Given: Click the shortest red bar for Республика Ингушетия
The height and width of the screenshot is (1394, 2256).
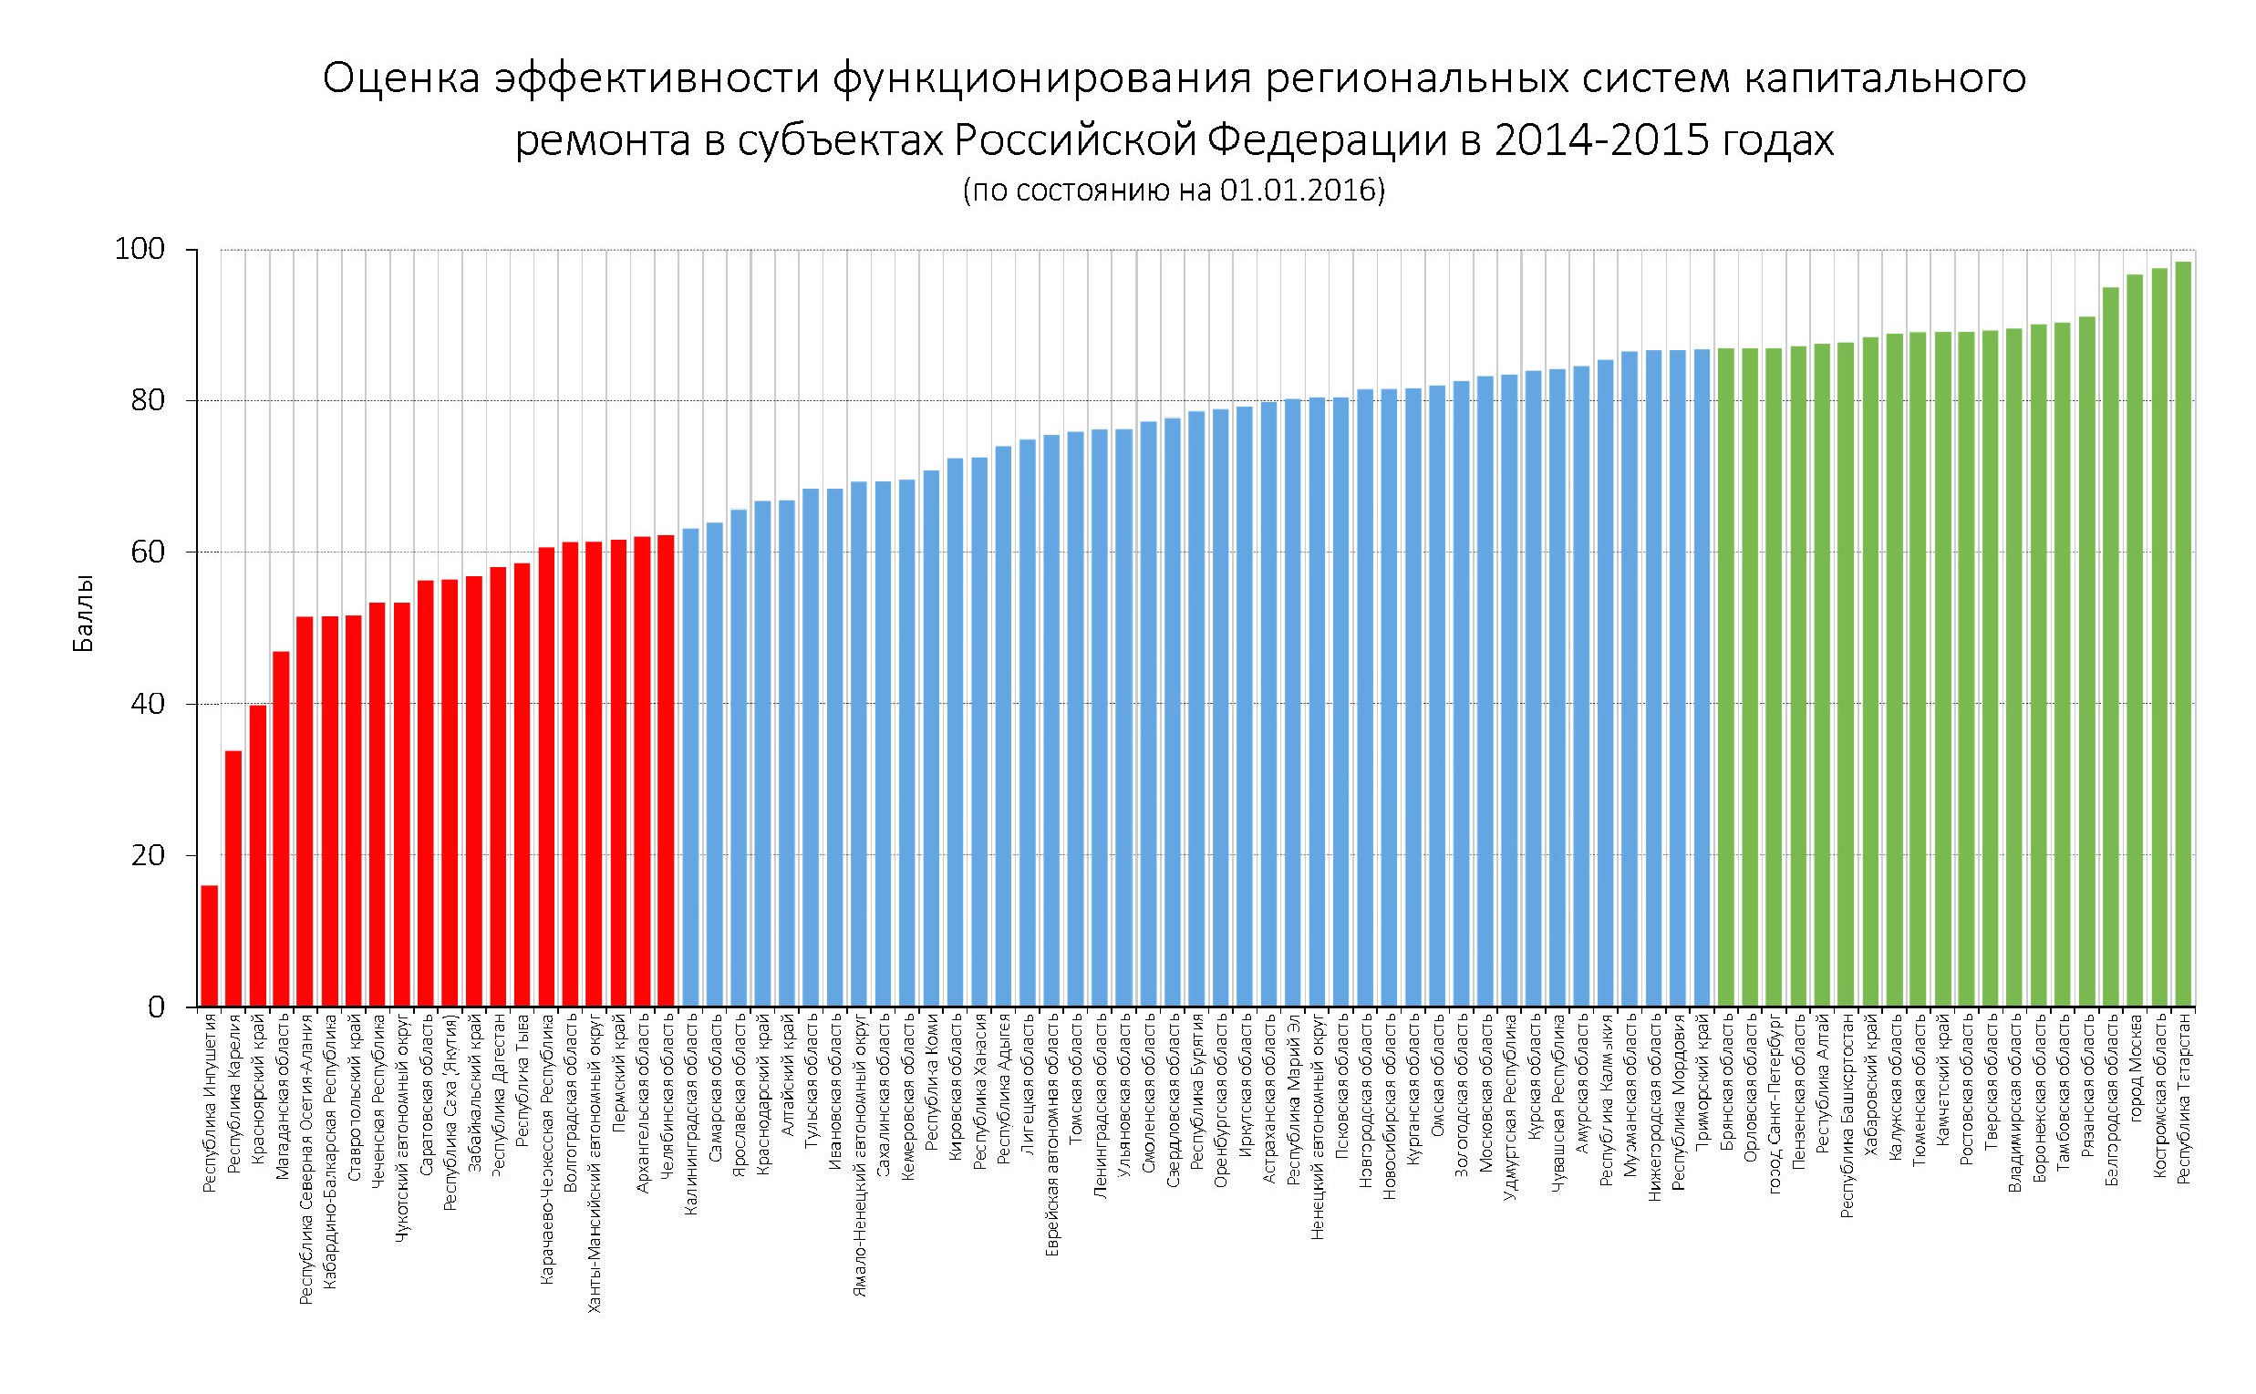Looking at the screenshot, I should (210, 946).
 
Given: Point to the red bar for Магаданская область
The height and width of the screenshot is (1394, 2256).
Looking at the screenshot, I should (281, 829).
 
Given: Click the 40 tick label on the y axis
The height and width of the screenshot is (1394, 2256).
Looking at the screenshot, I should (148, 705).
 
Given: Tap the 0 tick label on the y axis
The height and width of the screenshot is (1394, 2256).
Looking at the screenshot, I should (156, 1007).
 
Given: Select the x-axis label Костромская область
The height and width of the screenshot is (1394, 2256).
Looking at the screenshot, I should (2158, 1096).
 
